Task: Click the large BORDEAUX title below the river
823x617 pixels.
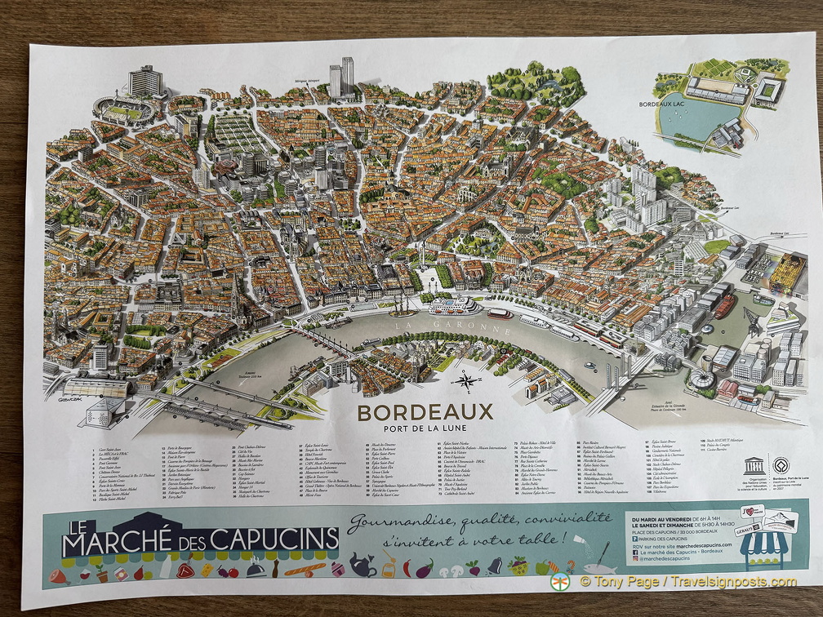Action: click(425, 412)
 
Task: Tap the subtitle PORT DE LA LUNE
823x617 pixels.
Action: click(425, 431)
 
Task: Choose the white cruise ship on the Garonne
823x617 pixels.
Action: click(454, 306)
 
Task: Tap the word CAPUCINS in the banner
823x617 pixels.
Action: click(274, 539)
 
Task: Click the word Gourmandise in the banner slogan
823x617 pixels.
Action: click(399, 522)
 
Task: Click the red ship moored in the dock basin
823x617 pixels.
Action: click(725, 305)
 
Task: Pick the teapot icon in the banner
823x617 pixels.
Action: click(362, 564)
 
